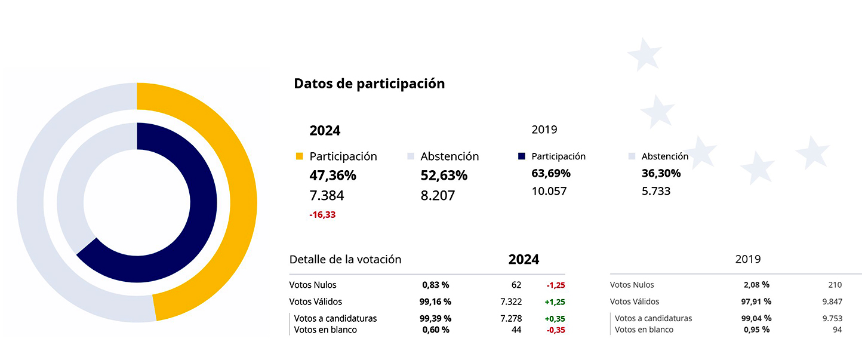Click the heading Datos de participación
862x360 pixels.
coord(369,84)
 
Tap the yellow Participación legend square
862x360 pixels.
coord(300,156)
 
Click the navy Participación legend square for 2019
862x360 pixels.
coord(522,156)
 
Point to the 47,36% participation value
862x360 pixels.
coord(333,176)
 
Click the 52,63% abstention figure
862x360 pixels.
coord(444,176)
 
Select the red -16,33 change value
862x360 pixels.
coord(322,215)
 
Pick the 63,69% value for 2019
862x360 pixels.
coord(551,174)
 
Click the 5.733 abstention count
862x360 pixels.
coord(656,192)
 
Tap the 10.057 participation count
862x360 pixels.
coord(549,192)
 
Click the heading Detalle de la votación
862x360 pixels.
coord(345,260)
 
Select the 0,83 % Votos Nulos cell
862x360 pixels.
coord(435,285)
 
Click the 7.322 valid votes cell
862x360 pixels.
coord(510,302)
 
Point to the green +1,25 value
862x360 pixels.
coord(555,302)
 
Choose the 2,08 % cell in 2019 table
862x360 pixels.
coord(756,285)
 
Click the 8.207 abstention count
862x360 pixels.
coord(438,195)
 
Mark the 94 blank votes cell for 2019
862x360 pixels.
coord(837,330)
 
